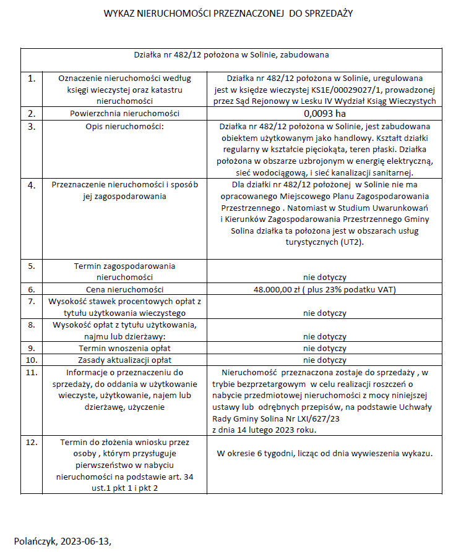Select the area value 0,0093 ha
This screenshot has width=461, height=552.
pyautogui.click(x=324, y=114)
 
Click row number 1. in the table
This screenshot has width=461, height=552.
pyautogui.click(x=32, y=79)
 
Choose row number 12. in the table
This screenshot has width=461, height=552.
pyautogui.click(x=32, y=443)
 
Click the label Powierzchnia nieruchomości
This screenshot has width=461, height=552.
pyautogui.click(x=124, y=114)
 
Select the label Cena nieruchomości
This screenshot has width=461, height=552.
pyautogui.click(x=124, y=289)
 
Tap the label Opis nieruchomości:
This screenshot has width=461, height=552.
pyautogui.click(x=124, y=126)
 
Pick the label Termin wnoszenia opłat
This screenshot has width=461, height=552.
pyautogui.click(x=124, y=348)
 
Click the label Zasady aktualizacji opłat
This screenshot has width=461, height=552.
pyautogui.click(x=124, y=360)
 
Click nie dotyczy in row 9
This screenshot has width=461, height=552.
pyautogui.click(x=324, y=348)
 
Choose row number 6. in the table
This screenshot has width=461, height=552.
pyautogui.click(x=32, y=289)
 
